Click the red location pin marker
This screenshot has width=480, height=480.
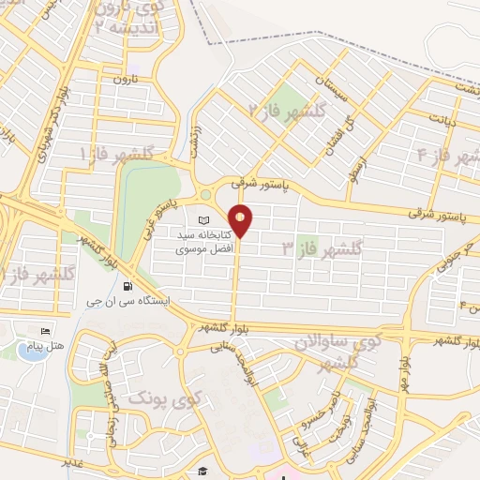click(x=241, y=220)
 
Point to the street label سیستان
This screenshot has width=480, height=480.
click(x=335, y=92)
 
